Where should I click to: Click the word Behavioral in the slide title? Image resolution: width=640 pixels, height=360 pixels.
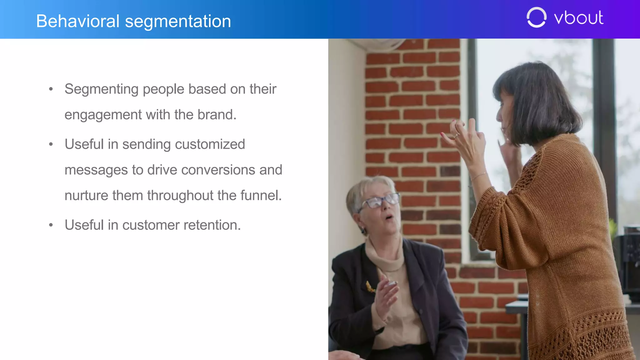click(78, 21)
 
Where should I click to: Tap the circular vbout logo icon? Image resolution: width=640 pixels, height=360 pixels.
click(536, 17)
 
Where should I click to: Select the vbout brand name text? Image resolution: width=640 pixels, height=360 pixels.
click(578, 18)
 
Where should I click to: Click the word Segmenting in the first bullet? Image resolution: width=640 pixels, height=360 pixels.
click(102, 89)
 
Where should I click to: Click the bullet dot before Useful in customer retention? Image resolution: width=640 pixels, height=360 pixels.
click(51, 225)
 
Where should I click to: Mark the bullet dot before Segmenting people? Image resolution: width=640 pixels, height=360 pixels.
click(51, 89)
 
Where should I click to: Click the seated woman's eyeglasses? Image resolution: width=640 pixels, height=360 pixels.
click(380, 201)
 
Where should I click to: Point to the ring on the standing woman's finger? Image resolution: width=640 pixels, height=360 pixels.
click(457, 135)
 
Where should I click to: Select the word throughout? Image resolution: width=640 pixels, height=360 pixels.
click(180, 196)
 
